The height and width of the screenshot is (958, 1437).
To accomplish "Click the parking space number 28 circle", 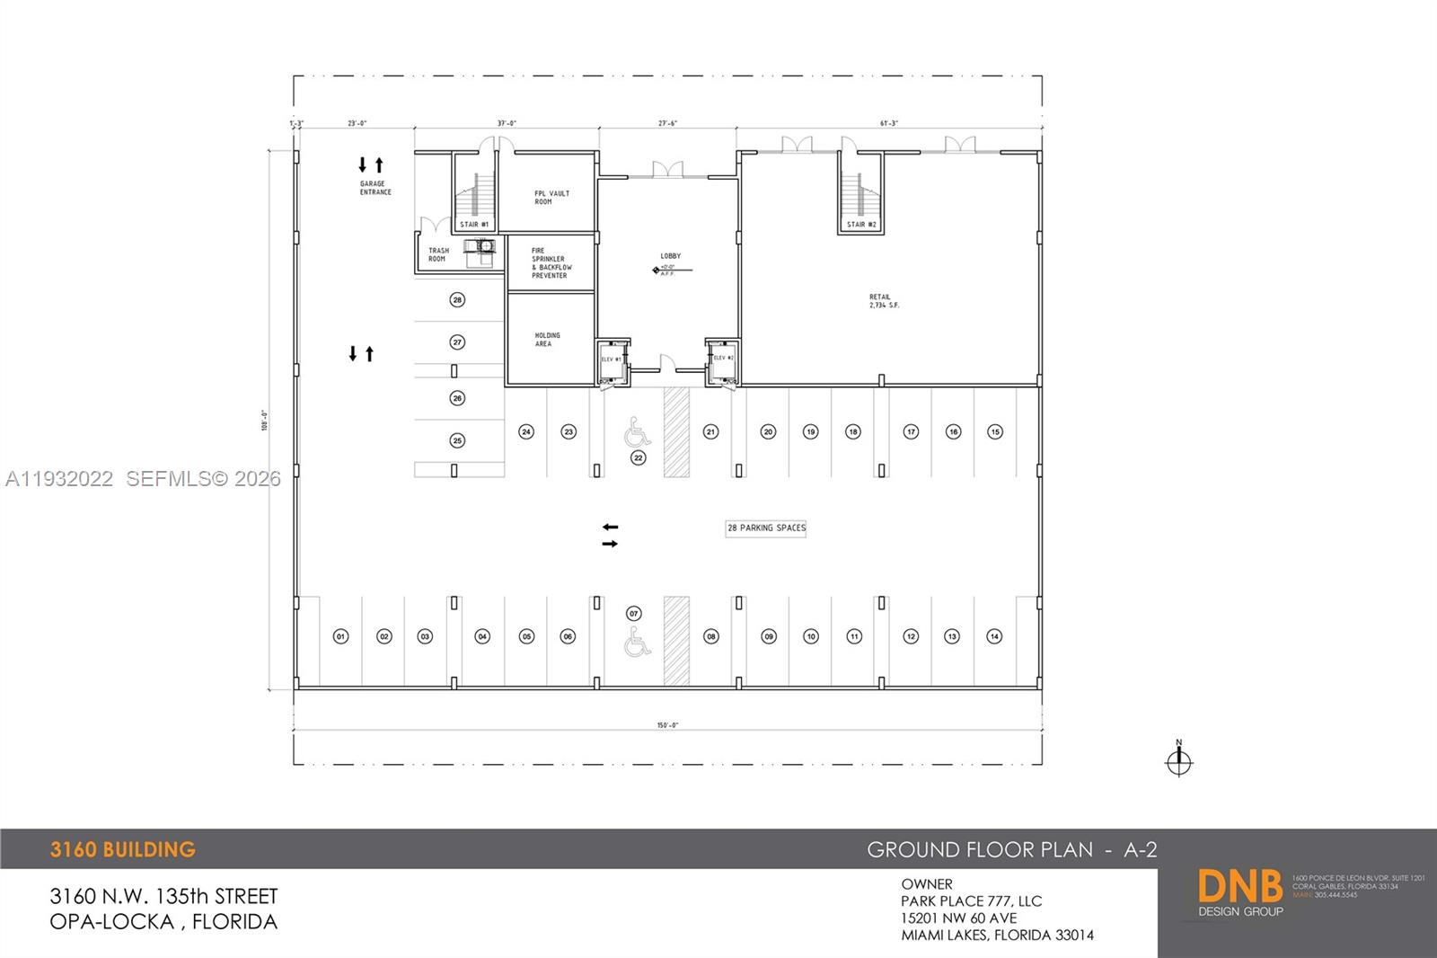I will pyautogui.click(x=457, y=299).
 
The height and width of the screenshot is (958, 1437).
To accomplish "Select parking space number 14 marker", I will pyautogui.click(x=994, y=636).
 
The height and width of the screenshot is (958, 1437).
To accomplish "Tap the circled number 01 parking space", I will pyautogui.click(x=340, y=636).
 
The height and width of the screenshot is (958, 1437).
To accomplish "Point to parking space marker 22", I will pyautogui.click(x=639, y=457).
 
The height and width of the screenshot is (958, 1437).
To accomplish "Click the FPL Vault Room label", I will pyautogui.click(x=551, y=198).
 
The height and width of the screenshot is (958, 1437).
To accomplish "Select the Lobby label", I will pyautogui.click(x=670, y=257).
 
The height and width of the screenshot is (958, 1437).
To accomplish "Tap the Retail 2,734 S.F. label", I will pyautogui.click(x=883, y=301).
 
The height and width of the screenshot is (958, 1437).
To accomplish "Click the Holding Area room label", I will pyautogui.click(x=547, y=339).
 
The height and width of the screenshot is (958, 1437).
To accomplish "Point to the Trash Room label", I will pyautogui.click(x=438, y=254).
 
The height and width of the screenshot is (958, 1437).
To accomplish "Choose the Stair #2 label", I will pyautogui.click(x=861, y=225).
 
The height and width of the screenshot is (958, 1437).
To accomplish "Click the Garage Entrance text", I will pyautogui.click(x=375, y=188).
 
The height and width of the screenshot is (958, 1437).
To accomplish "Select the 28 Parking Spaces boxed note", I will pyautogui.click(x=766, y=528).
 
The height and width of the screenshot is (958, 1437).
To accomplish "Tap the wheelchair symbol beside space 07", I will pyautogui.click(x=638, y=643).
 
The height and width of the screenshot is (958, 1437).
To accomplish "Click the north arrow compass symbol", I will pyautogui.click(x=1178, y=761).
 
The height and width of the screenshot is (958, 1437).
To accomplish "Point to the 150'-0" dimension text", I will pyautogui.click(x=667, y=725).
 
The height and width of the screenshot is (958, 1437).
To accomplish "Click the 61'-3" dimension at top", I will pyautogui.click(x=889, y=123).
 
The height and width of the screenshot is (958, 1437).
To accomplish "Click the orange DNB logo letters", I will pyautogui.click(x=1239, y=886).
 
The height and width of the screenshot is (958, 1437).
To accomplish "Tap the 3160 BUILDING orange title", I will pyautogui.click(x=123, y=849).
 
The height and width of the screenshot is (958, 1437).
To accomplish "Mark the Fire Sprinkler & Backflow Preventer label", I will pyautogui.click(x=551, y=263).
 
